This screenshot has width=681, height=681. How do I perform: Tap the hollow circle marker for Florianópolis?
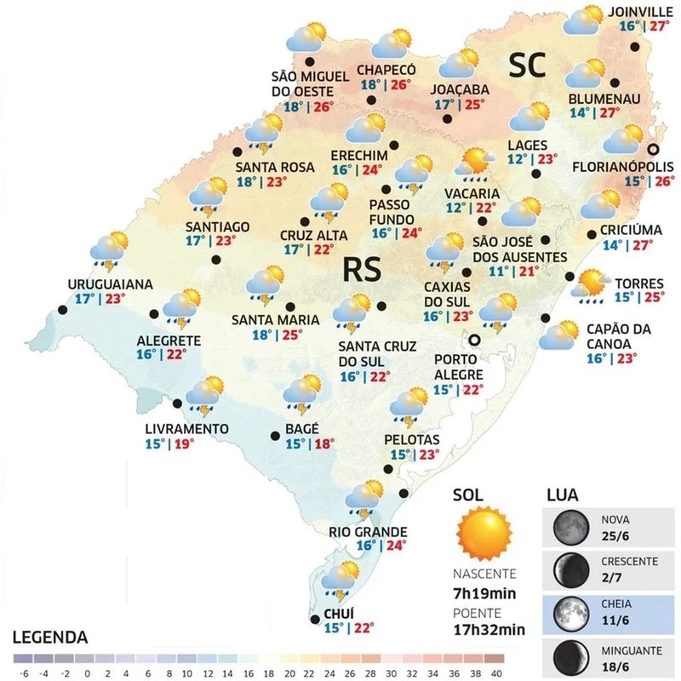click(654, 146)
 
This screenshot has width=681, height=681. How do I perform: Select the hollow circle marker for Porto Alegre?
click(475, 340)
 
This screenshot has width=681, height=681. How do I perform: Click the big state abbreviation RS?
click(362, 269)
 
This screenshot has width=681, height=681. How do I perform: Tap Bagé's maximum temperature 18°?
click(324, 444)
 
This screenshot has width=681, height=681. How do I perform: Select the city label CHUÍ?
click(338, 613)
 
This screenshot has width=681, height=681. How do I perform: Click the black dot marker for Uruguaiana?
click(60, 309)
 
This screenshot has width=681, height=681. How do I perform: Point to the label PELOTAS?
click(412, 440)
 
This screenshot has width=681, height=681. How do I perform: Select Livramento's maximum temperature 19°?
click(181, 444)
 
